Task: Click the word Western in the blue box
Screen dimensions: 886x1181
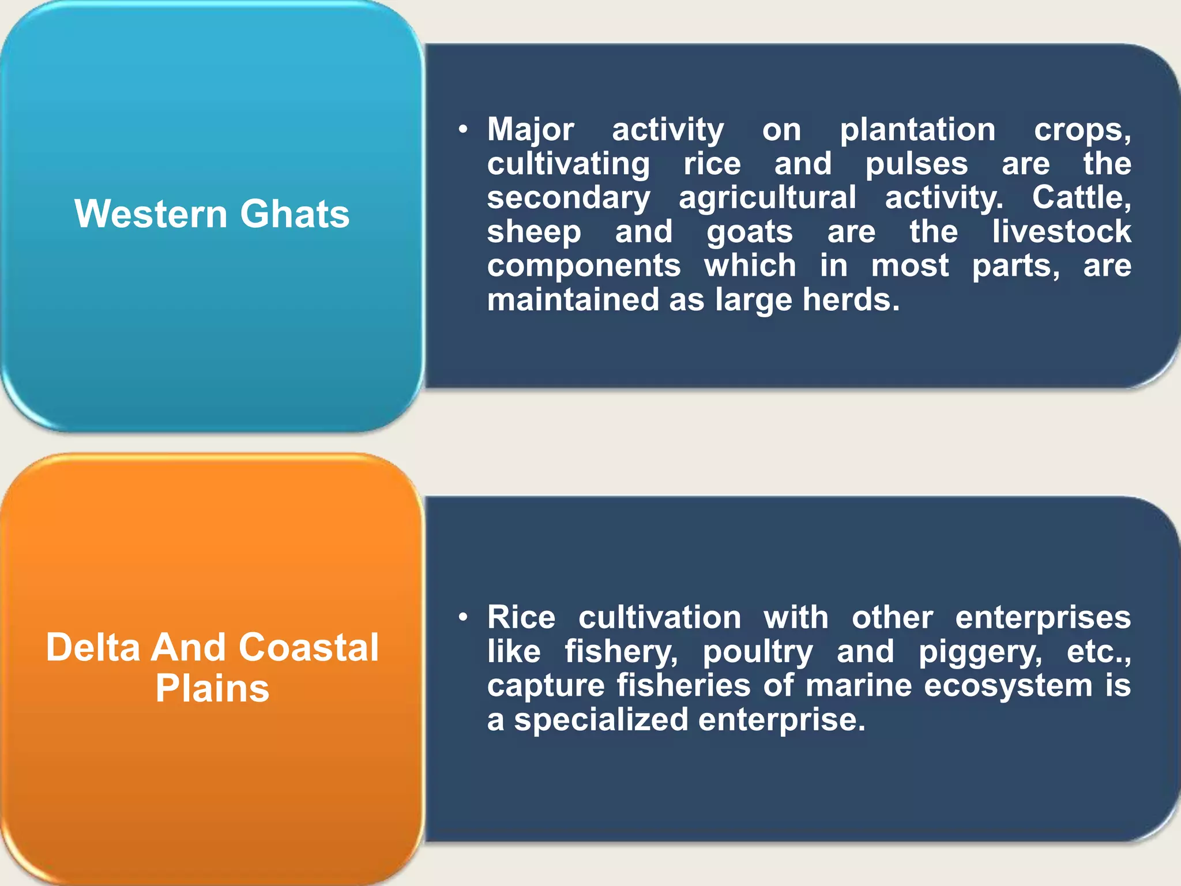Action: point(151,214)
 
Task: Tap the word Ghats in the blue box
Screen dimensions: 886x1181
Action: point(295,214)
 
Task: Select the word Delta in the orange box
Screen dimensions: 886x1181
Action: point(93,647)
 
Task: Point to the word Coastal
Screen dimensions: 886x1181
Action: point(309,647)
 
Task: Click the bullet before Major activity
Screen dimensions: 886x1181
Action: point(462,130)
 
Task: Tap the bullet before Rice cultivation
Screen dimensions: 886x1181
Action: point(462,618)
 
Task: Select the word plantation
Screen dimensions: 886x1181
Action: point(917,130)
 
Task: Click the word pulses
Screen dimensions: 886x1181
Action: point(916,164)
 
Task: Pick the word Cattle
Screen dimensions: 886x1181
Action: point(1081,198)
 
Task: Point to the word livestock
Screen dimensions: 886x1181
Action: point(1062,232)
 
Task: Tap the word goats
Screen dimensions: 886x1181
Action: point(750,232)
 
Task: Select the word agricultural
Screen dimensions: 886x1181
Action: point(768,198)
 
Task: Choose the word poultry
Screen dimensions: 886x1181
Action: point(758,652)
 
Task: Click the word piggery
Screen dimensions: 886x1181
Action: point(980,652)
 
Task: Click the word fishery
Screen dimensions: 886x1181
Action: point(621,652)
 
